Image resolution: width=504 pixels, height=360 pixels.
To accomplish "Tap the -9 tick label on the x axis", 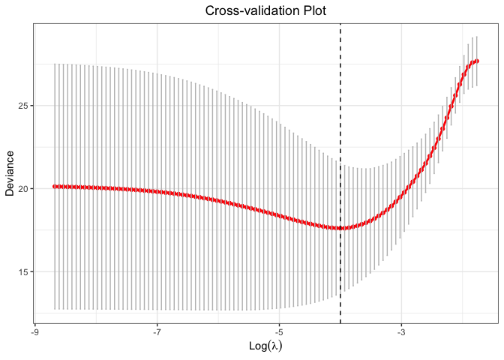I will tap(34, 331).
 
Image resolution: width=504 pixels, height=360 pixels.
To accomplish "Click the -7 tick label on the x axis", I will tap(157, 331).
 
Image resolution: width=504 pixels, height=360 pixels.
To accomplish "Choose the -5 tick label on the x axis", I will tap(279, 331).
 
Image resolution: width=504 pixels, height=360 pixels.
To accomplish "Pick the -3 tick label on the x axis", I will tap(401, 331).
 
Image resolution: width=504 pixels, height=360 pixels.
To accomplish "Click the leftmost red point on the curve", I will tap(55, 186).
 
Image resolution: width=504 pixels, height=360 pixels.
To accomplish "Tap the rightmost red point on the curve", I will tap(477, 61).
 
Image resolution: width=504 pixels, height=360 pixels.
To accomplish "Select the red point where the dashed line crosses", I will tap(340, 228).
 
